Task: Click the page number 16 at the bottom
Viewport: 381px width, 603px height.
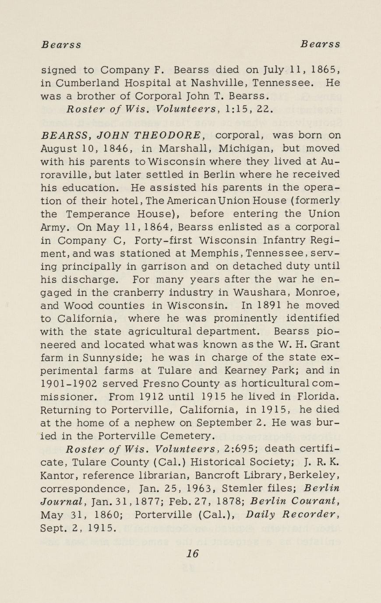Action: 192,553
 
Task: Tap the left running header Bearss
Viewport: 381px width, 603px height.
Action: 61,45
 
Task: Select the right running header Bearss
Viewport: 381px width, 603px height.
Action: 320,45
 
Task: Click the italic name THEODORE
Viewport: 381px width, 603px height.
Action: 164,135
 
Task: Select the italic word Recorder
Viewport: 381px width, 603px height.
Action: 314,515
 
